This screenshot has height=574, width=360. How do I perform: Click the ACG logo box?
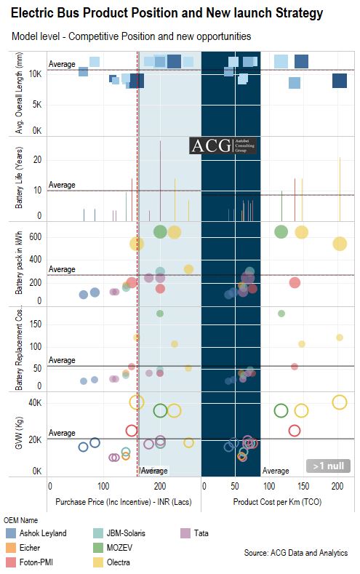click(x=228, y=146)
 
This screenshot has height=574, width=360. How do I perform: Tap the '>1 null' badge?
click(x=328, y=466)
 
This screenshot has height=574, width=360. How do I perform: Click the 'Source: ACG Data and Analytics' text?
click(x=296, y=554)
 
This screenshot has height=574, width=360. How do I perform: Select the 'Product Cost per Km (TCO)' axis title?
click(x=279, y=502)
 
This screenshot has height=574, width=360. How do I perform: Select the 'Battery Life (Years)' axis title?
click(x=19, y=179)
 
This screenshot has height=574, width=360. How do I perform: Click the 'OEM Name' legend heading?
click(x=23, y=520)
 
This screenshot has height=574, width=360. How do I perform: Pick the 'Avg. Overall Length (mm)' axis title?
click(x=19, y=94)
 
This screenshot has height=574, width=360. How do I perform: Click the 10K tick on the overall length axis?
click(x=36, y=73)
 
